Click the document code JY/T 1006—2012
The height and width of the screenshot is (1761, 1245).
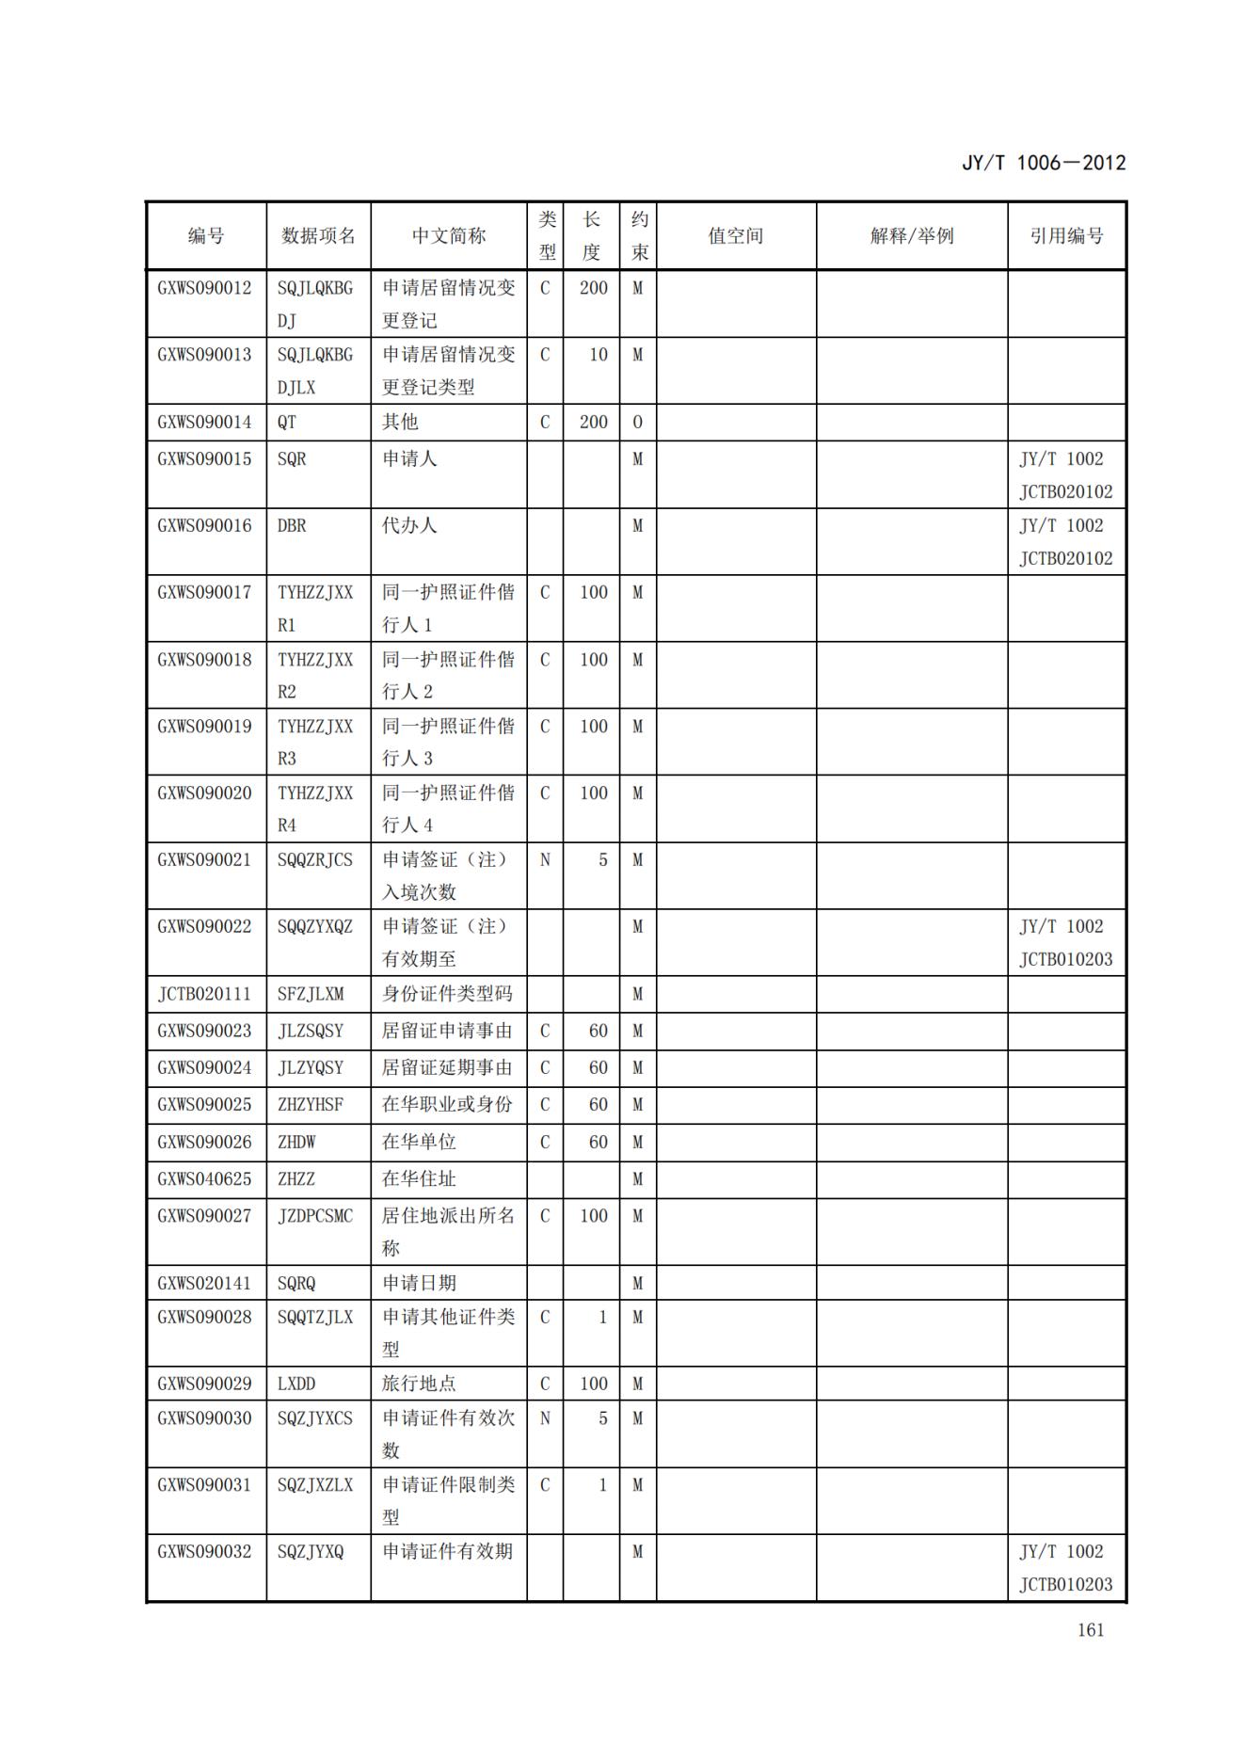coord(1043,163)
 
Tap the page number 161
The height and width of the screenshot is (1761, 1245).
coord(1091,1630)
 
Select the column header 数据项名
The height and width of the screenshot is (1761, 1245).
coord(318,236)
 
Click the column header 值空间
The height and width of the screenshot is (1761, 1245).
coord(735,236)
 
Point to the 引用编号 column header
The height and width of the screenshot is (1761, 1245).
coord(1066,236)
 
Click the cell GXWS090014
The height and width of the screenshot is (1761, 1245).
coord(204,423)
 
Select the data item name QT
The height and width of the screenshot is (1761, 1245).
coord(287,423)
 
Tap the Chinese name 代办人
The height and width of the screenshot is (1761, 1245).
coord(409,525)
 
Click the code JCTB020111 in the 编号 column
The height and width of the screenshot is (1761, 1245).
coord(204,994)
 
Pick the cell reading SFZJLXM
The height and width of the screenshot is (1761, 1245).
coord(311,994)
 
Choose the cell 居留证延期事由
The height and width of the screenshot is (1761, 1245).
coord(447,1067)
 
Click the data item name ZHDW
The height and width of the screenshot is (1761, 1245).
coord(296,1142)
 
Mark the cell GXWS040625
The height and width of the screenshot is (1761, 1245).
coord(204,1178)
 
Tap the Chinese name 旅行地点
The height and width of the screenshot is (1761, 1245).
coord(419,1384)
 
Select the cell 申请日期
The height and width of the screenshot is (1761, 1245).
coord(419,1283)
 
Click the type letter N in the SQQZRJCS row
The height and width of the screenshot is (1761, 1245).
coord(545,859)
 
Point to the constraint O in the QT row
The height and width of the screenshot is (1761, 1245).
coord(637,423)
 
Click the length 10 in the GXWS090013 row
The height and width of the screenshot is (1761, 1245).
coord(598,355)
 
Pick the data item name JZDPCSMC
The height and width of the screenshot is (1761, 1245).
coord(315,1216)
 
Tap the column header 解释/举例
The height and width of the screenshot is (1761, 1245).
coord(911,236)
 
